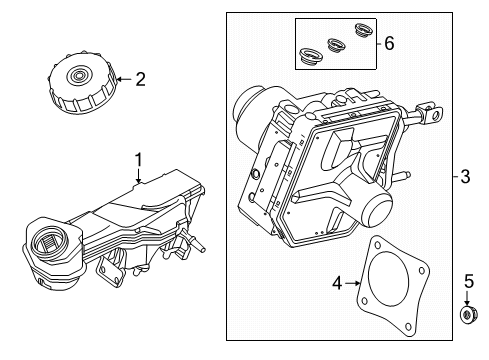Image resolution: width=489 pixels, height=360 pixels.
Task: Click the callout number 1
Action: [x=139, y=160]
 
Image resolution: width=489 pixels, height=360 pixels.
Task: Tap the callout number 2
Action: [x=141, y=80]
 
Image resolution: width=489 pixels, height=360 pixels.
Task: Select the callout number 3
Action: [x=465, y=176]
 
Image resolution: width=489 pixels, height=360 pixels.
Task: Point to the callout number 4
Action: [x=337, y=284]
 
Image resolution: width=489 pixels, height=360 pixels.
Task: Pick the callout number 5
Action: [x=469, y=282]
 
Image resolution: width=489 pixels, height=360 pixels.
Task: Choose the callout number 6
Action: [x=389, y=43]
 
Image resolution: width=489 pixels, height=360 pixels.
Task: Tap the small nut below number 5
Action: [x=468, y=315]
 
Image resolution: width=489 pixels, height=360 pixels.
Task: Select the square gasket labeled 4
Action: [x=392, y=288]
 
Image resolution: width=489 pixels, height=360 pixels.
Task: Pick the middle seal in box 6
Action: [x=335, y=45]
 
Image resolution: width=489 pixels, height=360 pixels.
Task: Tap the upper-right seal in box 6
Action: [x=362, y=30]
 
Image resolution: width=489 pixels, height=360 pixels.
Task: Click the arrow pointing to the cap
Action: [x=125, y=79]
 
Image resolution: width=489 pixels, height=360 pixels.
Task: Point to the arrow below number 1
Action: [x=139, y=176]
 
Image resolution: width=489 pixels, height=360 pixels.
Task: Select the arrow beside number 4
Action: [x=353, y=283]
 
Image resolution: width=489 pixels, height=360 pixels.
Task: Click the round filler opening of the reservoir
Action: [x=50, y=242]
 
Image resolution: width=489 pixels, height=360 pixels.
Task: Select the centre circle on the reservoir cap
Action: [x=79, y=75]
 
